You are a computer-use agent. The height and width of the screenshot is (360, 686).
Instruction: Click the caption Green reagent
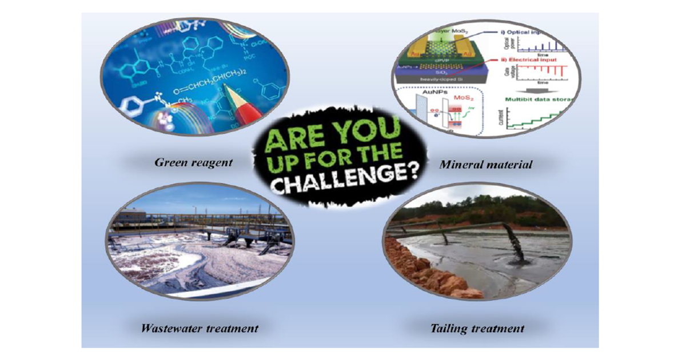pyautogui.click(x=194, y=162)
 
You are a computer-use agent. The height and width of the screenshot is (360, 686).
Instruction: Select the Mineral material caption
pyautogui.click(x=486, y=165)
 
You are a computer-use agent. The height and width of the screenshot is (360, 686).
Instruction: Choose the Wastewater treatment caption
pyautogui.click(x=200, y=329)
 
